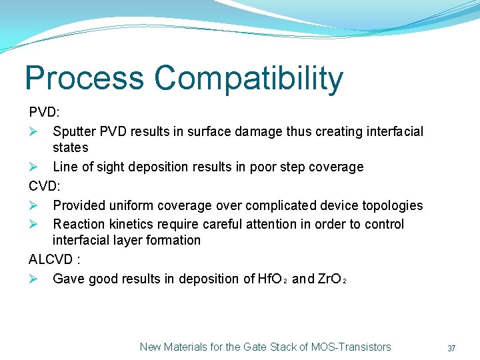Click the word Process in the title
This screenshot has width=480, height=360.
point(84,79)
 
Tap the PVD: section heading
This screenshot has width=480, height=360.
point(44,111)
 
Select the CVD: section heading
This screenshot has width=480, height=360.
point(44,186)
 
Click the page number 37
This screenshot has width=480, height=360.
point(451,348)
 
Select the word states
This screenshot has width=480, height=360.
point(70,147)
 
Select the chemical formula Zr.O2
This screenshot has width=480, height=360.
point(331,279)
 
